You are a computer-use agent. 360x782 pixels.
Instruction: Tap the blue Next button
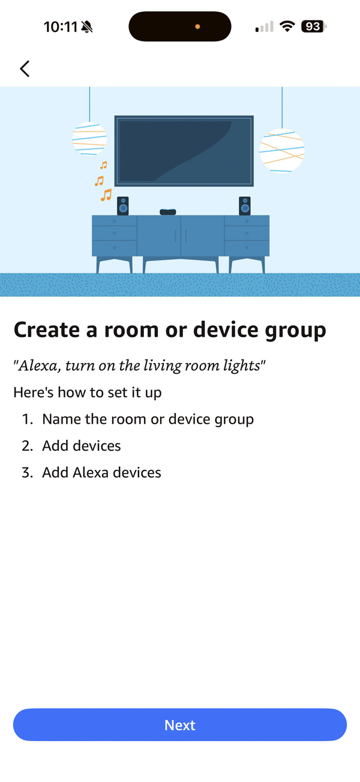(x=180, y=725)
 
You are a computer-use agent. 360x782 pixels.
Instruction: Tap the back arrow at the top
(x=25, y=68)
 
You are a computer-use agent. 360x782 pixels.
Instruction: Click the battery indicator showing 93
(x=314, y=26)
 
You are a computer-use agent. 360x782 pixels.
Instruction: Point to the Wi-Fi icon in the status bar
(x=287, y=26)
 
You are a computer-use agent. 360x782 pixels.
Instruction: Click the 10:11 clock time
(x=61, y=27)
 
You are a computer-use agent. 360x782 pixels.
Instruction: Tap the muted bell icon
(x=86, y=27)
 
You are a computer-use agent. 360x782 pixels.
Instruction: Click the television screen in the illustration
(x=184, y=151)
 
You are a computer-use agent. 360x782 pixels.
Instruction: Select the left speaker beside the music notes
(x=122, y=206)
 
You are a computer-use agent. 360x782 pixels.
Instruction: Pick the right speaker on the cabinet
(x=245, y=206)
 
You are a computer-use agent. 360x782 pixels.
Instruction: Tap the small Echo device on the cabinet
(x=168, y=212)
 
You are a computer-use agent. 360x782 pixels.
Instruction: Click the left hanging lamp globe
(x=89, y=139)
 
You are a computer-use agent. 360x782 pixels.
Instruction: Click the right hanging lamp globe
(x=282, y=151)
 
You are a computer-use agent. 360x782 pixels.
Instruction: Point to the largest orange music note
(x=106, y=195)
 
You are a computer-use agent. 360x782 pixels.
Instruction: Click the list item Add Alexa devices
(x=101, y=472)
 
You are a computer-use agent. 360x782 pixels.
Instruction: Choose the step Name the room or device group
(x=148, y=420)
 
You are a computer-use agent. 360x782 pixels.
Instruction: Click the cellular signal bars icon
(x=265, y=26)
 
